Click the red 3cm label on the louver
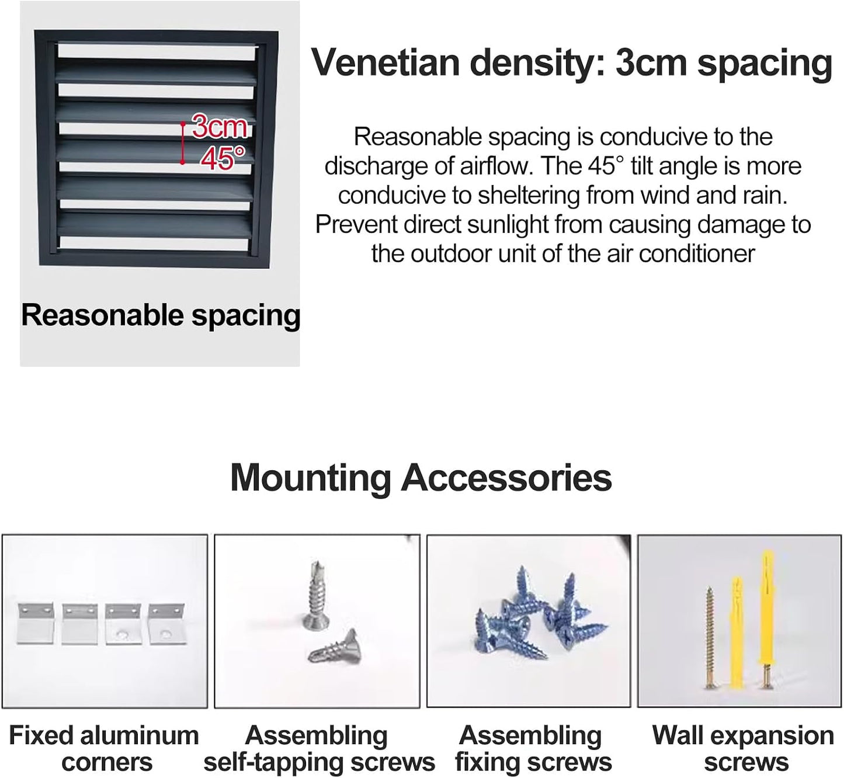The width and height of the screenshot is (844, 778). [219, 126]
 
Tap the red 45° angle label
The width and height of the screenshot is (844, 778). [223, 158]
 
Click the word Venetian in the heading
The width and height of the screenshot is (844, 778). [385, 62]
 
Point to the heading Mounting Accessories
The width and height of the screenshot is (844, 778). [421, 478]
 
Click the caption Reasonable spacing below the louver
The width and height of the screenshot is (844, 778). [161, 315]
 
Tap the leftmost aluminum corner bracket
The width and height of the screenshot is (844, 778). [36, 623]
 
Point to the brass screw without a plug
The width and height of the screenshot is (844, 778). [710, 637]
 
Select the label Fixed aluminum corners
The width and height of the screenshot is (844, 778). [104, 749]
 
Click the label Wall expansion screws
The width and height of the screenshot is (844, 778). [744, 749]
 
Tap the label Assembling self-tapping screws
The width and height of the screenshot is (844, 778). [319, 749]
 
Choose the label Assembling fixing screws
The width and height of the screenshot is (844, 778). [533, 749]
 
